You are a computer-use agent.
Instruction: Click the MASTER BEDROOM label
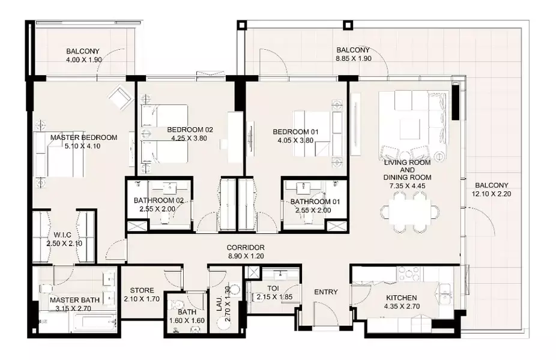point(83,137)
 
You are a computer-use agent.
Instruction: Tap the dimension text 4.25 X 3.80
point(189,138)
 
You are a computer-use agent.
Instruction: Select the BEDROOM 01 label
point(295,132)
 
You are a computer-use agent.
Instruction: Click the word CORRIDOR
point(246,248)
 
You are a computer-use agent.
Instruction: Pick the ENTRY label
point(326,292)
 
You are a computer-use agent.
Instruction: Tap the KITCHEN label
point(402,298)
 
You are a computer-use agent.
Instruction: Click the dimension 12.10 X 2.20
point(492,194)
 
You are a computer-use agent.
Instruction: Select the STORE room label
point(142,290)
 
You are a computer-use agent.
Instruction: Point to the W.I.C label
point(62,235)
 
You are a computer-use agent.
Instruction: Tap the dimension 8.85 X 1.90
point(354,58)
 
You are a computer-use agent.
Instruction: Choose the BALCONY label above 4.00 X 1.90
point(83,51)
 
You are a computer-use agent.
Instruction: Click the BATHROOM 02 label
point(159,200)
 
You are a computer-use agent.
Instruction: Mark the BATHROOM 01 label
point(315,202)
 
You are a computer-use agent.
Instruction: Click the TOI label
point(272,289)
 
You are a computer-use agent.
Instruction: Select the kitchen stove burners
point(410,273)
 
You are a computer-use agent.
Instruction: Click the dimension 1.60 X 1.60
point(187,320)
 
